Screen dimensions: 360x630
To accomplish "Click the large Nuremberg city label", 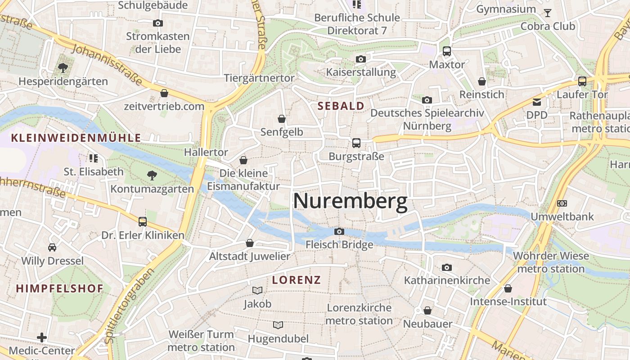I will coord(350,202).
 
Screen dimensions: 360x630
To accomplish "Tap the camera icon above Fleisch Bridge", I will coord(339,231).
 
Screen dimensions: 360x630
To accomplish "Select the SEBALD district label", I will coord(341,106).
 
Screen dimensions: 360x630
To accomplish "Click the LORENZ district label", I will coord(297,280).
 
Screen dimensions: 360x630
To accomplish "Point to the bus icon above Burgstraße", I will coord(356,143).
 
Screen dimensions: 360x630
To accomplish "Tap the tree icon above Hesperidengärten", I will coord(63,68).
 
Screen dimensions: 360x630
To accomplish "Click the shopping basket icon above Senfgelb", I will coord(282,119).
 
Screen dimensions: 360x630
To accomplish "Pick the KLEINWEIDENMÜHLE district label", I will coord(76,138).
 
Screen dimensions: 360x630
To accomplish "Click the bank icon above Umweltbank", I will coord(562,203).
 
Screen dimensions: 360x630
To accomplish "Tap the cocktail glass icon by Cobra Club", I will coord(547,13).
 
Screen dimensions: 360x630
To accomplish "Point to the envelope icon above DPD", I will coord(537,102).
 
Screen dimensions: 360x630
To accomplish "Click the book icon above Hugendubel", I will coord(278,325).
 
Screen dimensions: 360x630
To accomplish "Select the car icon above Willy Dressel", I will coord(52,247).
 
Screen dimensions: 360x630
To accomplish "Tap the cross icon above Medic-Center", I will coord(42,337).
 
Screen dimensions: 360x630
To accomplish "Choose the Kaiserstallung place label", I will coord(361,72).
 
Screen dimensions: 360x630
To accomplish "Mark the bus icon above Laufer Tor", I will coord(582,81).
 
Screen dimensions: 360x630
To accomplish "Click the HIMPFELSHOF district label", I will coord(60,288).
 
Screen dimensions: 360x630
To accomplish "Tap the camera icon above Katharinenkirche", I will coord(446,267).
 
